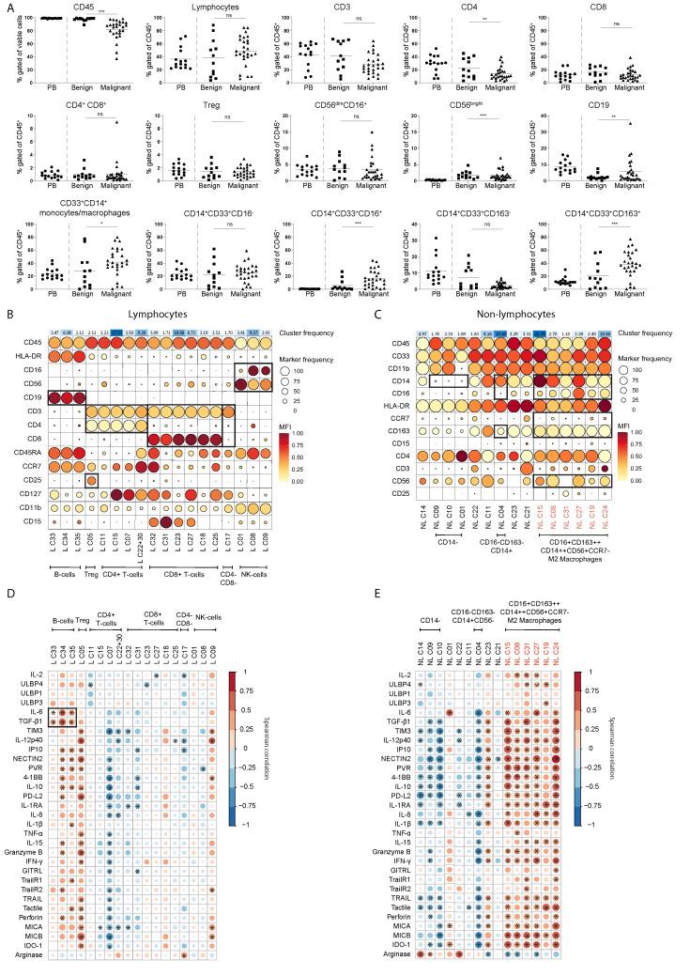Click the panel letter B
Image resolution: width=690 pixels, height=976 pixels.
point(9,317)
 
